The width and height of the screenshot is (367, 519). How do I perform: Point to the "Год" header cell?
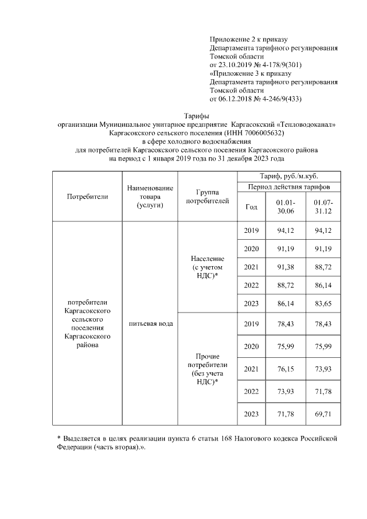[251, 207]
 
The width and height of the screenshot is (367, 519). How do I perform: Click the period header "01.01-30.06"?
[285, 207]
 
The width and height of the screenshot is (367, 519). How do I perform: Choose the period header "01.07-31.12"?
[323, 207]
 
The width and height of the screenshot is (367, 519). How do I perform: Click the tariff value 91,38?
[285, 267]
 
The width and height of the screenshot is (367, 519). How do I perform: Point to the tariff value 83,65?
[323, 303]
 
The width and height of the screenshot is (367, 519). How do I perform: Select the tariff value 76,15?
[285, 368]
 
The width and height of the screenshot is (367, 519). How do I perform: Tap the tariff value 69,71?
[323, 413]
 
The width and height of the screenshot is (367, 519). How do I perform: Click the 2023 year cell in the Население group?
[251, 303]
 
